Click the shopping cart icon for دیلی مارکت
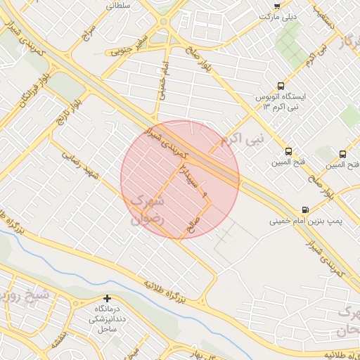[x=276, y=5]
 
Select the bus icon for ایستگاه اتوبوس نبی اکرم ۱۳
[x=282, y=84]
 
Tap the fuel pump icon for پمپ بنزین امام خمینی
[x=304, y=210]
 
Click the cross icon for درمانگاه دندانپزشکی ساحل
[x=107, y=299]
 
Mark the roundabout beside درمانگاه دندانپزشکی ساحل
[x=75, y=303]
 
